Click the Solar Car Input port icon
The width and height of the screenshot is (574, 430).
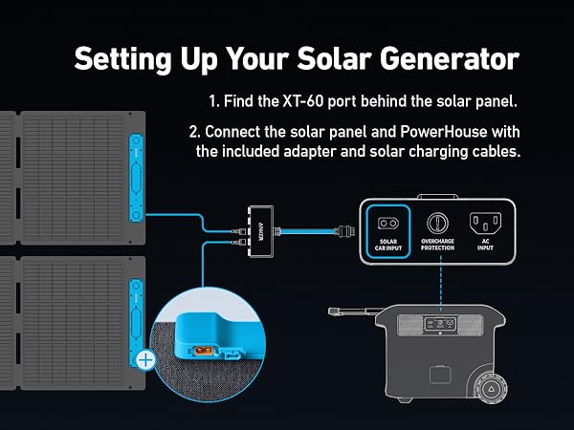(x=388, y=222)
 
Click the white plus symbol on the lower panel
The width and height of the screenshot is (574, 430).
(x=146, y=360)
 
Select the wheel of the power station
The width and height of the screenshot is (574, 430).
(x=491, y=388)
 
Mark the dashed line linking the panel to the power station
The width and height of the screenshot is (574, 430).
(x=440, y=287)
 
